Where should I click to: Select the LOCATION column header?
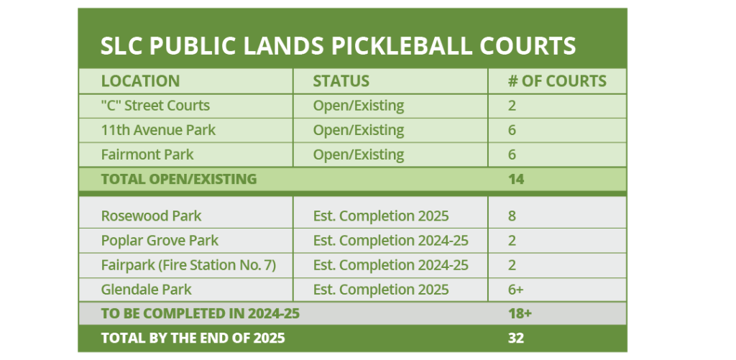[140, 81]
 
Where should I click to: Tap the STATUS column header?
[341, 81]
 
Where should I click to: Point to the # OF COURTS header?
[557, 81]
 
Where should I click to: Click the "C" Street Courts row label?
[155, 106]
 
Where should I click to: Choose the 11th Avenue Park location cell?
[158, 130]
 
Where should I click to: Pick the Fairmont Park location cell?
[147, 154]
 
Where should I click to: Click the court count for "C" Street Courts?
[512, 106]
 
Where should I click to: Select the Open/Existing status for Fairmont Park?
[359, 155]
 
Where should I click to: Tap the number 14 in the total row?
[516, 179]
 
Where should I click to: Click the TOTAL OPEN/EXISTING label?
[179, 179]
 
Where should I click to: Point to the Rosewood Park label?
[151, 216]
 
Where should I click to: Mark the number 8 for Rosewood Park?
[512, 216]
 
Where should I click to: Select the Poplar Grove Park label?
[160, 241]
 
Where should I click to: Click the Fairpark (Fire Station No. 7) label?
[189, 265]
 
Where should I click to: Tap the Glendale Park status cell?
[381, 290]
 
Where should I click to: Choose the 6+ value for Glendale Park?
[515, 290]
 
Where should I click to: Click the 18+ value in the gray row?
[520, 313]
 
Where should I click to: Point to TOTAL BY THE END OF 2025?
[193, 338]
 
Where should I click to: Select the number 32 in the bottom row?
[516, 338]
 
